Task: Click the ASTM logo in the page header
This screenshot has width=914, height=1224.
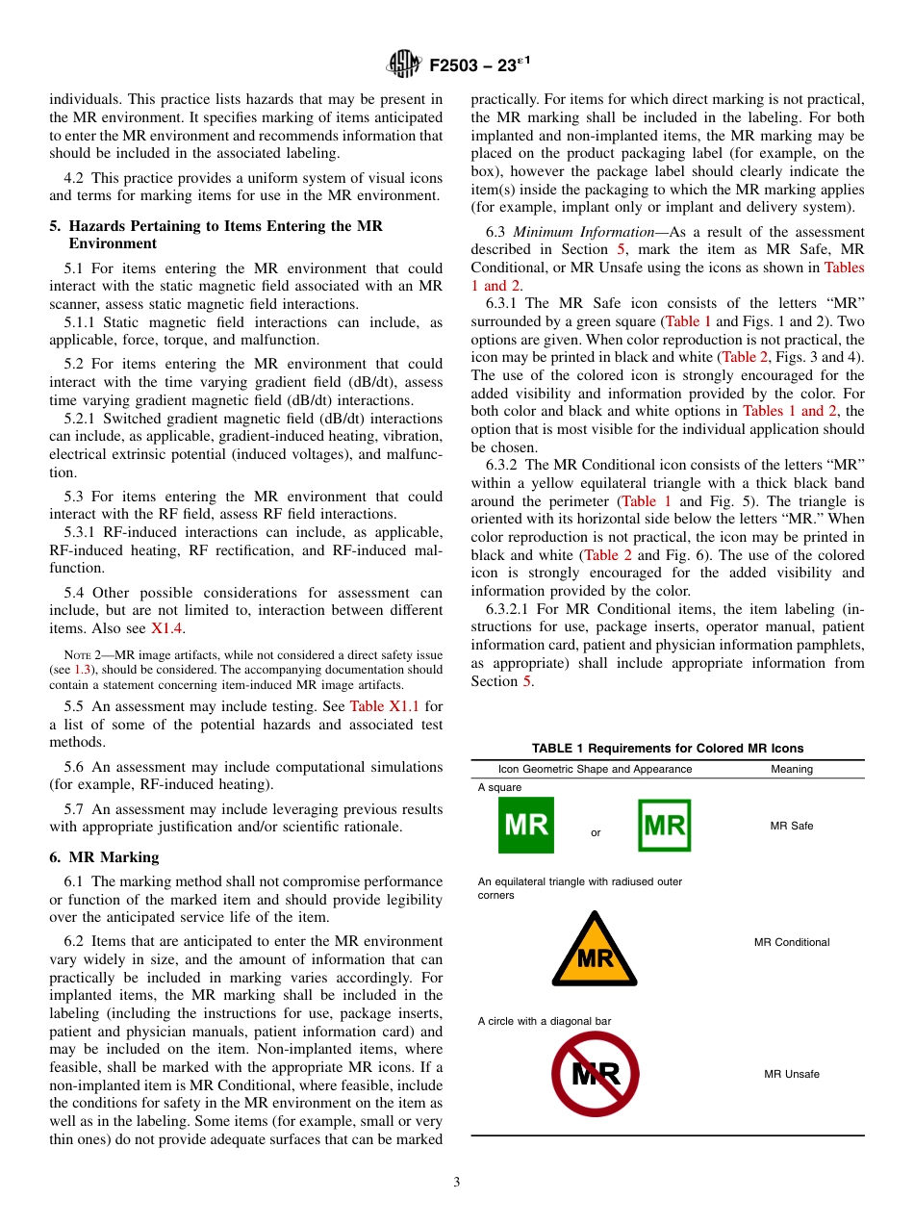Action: pyautogui.click(x=403, y=64)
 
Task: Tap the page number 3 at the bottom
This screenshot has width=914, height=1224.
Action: pyautogui.click(x=457, y=1183)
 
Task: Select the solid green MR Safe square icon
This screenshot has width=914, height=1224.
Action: pyautogui.click(x=525, y=826)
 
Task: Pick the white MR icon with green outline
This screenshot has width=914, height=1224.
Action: pyautogui.click(x=665, y=826)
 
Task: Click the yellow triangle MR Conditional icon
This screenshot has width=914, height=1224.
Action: pyautogui.click(x=595, y=950)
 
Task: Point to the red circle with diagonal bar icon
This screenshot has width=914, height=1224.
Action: pyautogui.click(x=595, y=1074)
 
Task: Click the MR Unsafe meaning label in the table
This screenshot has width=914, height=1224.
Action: pyautogui.click(x=792, y=1074)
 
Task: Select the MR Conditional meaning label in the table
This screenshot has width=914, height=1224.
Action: pyautogui.click(x=792, y=942)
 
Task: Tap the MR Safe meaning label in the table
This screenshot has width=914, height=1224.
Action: pyautogui.click(x=792, y=826)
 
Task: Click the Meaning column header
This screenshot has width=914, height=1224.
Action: pyautogui.click(x=792, y=769)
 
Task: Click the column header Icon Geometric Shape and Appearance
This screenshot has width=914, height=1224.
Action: pyautogui.click(x=595, y=769)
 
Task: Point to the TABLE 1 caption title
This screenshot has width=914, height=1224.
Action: pyautogui.click(x=668, y=748)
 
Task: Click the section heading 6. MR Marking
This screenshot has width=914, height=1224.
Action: pyautogui.click(x=104, y=857)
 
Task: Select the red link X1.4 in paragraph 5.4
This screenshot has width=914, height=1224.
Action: pyautogui.click(x=167, y=628)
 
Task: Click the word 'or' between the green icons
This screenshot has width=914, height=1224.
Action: pyautogui.click(x=596, y=833)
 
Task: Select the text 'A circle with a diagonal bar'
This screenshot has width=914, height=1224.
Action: pyautogui.click(x=545, y=1021)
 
